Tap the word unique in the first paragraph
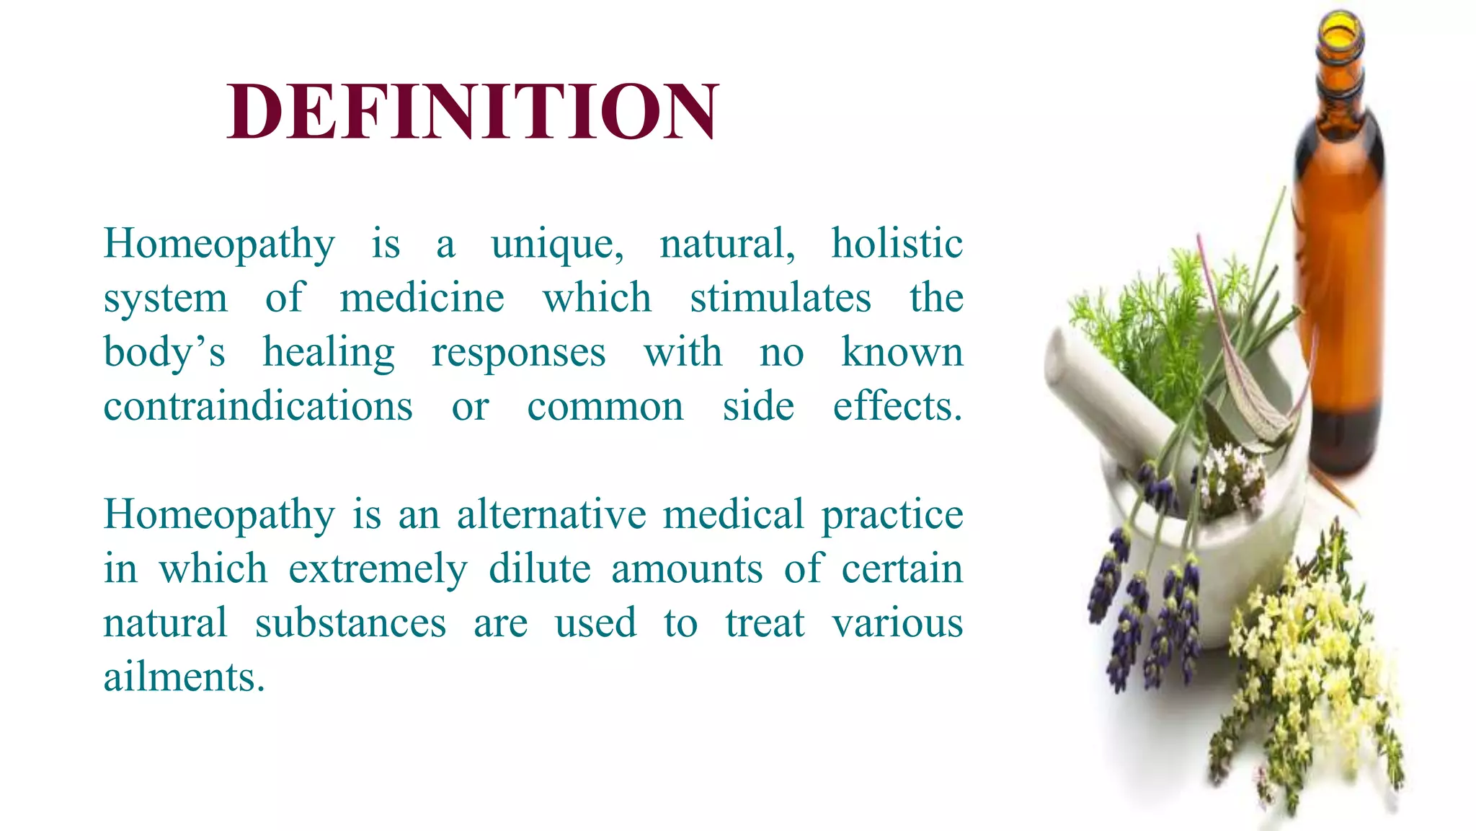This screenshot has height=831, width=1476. click(556, 244)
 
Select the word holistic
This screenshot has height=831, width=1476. click(897, 243)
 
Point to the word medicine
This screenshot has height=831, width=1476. click(422, 297)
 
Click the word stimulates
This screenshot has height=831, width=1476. click(780, 297)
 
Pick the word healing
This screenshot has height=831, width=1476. click(329, 353)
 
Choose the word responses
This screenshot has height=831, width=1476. click(518, 353)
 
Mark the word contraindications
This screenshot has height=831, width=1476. click(258, 406)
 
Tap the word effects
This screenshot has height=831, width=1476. click(897, 406)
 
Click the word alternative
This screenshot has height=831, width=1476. click(551, 514)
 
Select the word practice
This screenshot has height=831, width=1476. click(892, 516)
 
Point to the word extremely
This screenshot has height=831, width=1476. click(378, 570)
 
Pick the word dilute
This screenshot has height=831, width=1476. click(540, 568)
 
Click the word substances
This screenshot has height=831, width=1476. click(350, 623)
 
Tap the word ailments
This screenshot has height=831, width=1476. click(184, 677)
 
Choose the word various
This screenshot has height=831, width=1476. click(897, 623)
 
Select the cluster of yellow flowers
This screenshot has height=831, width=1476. click(1304, 664)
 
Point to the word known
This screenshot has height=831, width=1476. click(902, 352)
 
